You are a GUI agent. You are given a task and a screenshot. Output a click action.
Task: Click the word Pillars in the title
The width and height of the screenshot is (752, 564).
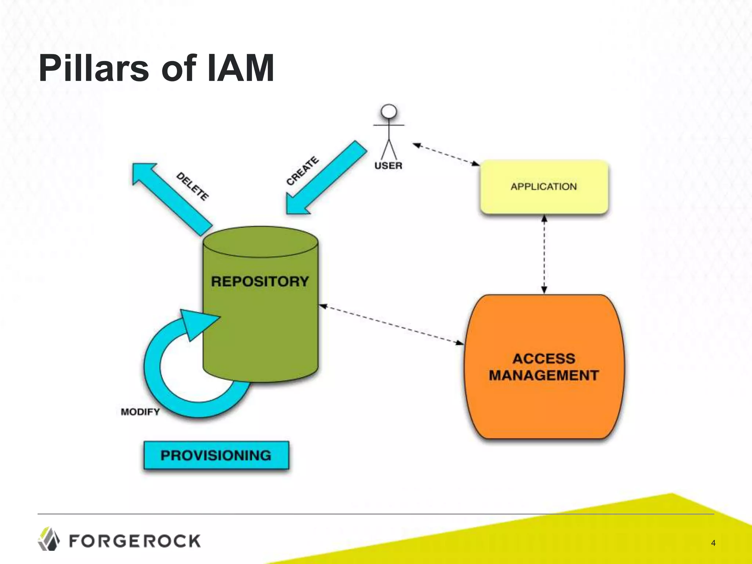[94, 68]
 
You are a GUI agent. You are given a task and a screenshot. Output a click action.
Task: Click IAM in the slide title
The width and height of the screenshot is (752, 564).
[241, 68]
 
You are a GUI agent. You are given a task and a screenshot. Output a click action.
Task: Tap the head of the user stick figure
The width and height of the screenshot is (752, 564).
[389, 111]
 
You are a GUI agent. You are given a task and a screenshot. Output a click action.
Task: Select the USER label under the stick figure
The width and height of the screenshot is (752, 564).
[388, 166]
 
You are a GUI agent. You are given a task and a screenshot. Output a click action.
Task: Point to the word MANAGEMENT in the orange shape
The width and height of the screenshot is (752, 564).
[544, 376]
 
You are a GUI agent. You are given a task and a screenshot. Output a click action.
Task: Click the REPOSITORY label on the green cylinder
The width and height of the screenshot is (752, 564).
[260, 282]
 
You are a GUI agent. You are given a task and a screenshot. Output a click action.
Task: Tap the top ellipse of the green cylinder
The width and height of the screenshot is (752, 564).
[260, 242]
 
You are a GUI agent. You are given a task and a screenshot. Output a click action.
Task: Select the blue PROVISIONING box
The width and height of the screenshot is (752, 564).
[216, 456]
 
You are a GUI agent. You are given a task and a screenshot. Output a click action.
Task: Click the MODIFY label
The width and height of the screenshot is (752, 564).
[140, 412]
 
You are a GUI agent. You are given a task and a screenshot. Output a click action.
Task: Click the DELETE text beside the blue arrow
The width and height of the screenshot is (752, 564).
[193, 187]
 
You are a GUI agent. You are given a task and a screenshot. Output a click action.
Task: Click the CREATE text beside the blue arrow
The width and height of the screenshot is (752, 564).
[302, 171]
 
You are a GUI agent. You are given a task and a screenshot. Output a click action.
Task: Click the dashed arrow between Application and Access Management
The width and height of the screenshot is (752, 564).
[544, 254]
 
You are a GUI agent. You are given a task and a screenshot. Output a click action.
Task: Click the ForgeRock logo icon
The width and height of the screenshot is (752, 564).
[48, 539]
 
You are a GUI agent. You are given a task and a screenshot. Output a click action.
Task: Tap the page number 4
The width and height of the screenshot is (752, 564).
[713, 543]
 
